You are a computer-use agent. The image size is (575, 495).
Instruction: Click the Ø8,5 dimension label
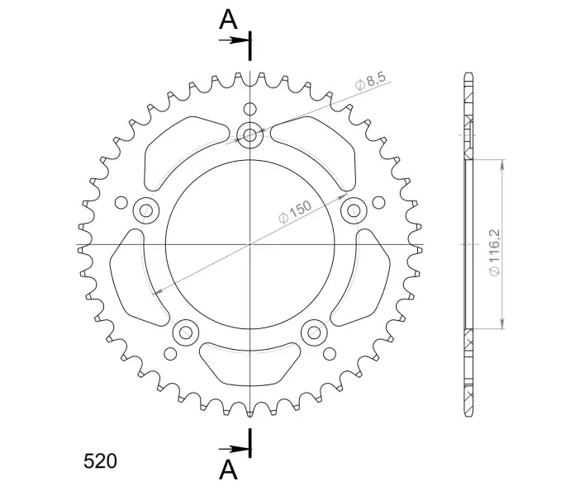click(x=371, y=82)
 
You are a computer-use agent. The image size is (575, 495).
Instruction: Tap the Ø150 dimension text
click(x=294, y=212)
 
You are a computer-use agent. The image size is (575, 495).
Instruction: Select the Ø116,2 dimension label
click(x=494, y=252)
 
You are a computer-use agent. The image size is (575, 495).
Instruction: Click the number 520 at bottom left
click(x=100, y=461)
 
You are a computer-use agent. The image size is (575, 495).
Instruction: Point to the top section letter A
click(x=228, y=20)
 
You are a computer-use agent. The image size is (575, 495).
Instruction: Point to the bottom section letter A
click(x=228, y=469)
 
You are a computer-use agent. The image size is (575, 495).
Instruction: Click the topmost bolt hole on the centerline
click(x=249, y=135)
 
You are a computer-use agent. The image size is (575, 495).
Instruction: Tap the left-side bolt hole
click(x=146, y=210)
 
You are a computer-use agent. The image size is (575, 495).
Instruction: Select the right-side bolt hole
click(x=354, y=210)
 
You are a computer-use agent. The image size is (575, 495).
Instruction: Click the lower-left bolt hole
click(x=186, y=332)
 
